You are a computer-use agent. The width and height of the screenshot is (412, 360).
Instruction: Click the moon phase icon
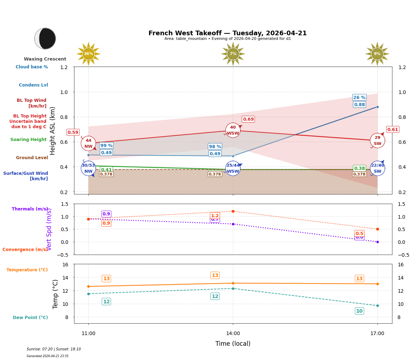[x=45, y=38]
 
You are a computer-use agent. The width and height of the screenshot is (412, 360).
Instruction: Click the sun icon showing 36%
[x=88, y=54]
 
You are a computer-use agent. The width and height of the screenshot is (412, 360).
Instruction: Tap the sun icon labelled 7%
[x=233, y=54]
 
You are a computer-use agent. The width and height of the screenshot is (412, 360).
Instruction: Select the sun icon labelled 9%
[x=377, y=54]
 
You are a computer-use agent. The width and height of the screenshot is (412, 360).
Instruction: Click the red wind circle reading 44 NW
[x=88, y=144]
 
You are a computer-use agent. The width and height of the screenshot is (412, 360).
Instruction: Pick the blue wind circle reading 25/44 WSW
[x=233, y=168]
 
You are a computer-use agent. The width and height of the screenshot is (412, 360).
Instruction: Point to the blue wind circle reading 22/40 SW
[x=377, y=168]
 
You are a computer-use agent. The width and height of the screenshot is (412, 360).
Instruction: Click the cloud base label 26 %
[x=359, y=98]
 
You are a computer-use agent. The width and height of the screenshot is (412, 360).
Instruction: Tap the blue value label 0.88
[x=359, y=104]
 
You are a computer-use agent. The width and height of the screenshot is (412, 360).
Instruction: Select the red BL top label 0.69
[x=248, y=119]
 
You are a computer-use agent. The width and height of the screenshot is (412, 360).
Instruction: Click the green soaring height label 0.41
[x=106, y=169]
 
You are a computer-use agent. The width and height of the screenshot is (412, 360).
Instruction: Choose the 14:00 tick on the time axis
[x=233, y=333]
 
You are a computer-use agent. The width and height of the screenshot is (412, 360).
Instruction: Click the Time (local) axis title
[x=233, y=344]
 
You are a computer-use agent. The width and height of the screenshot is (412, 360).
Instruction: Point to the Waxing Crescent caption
[x=45, y=59]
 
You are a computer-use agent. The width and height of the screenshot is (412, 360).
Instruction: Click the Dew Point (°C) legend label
[x=30, y=318]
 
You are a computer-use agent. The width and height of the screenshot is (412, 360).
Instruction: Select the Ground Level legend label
[x=32, y=158]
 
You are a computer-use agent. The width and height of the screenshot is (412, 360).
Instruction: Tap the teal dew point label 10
[x=359, y=311]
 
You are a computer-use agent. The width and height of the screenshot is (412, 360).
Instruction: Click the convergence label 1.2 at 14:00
[x=215, y=215]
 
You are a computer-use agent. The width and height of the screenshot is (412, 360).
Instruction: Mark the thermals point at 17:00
[x=377, y=242]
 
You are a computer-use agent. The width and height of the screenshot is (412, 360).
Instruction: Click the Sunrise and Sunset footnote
[x=54, y=349]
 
